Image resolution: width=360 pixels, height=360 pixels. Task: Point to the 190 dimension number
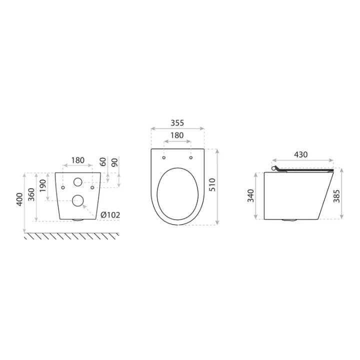coord(42,186)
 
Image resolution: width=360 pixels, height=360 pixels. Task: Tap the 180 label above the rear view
coord(77,161)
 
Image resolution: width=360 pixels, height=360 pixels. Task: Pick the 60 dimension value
coord(103,162)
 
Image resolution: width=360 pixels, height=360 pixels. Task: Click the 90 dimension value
coord(115,162)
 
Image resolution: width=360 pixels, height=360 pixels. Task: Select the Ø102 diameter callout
coord(110,215)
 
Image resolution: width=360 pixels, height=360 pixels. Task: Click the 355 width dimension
coord(177,122)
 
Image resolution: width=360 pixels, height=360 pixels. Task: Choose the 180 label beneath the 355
coord(177,135)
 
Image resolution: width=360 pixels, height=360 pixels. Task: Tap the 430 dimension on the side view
coord(300,154)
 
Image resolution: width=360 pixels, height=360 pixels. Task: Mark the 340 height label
coord(251,195)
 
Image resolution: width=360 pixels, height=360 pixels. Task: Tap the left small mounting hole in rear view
coord(62,187)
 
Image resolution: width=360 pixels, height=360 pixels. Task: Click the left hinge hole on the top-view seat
coord(164,158)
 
